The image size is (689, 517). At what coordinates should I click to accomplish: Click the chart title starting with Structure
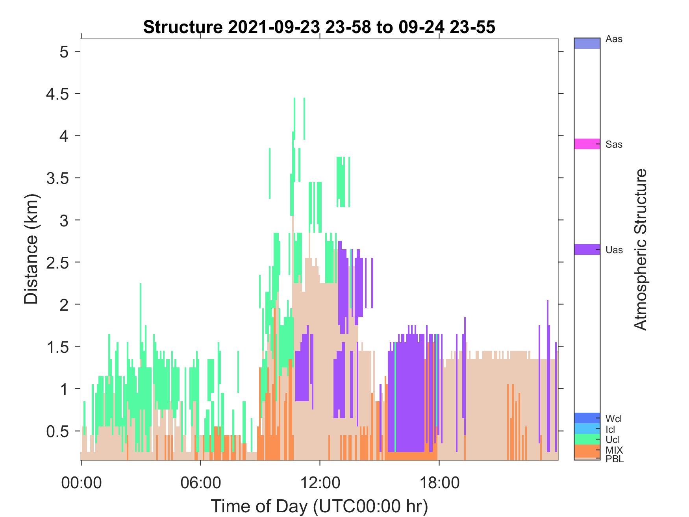[x=319, y=27]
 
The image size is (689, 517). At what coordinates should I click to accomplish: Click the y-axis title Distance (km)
[x=31, y=249]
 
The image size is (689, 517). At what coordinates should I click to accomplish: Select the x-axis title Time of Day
[x=319, y=506]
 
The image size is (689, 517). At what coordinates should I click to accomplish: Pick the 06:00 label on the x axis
[x=200, y=482]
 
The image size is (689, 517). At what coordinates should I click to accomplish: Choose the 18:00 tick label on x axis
[x=439, y=482]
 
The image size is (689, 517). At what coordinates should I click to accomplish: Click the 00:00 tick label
[x=81, y=482]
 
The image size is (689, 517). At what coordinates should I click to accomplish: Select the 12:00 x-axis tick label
[x=320, y=482]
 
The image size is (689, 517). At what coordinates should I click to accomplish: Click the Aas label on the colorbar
[x=614, y=39]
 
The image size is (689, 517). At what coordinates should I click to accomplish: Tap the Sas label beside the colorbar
[x=614, y=145]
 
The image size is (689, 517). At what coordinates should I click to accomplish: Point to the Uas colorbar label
[x=614, y=250]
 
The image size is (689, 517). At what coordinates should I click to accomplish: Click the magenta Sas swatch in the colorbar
[x=587, y=144]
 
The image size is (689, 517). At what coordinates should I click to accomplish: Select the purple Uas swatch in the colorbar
[x=587, y=249]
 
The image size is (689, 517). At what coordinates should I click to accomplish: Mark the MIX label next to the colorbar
[x=614, y=450]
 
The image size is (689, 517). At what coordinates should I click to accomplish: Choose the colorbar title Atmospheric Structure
[x=641, y=249]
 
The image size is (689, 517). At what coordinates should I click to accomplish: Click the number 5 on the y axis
[x=64, y=52]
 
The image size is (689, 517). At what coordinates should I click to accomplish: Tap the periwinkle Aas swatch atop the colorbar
[x=587, y=43]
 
